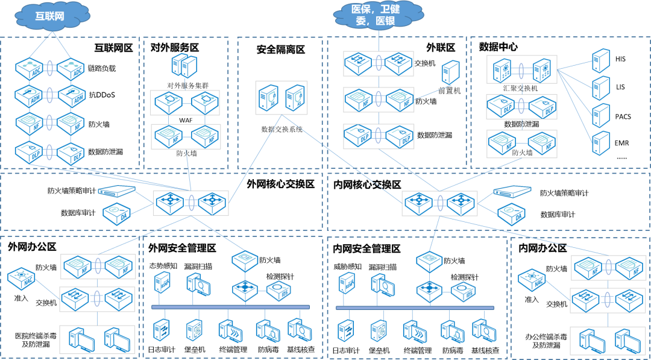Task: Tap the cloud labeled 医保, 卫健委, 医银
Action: (x=379, y=14)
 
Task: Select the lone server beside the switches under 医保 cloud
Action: (x=450, y=72)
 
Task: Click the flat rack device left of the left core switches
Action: (x=116, y=191)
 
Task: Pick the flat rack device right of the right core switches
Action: (x=512, y=192)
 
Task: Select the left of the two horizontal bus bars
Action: (x=230, y=307)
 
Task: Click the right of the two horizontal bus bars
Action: (x=415, y=308)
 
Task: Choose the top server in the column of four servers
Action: (x=600, y=60)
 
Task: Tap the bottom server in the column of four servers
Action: (x=600, y=143)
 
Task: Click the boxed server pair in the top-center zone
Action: (x=281, y=97)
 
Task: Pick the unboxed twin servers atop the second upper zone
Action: (x=184, y=65)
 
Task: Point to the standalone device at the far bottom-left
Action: (x=21, y=278)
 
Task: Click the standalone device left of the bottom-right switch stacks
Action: (x=531, y=279)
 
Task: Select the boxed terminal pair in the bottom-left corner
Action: (x=98, y=339)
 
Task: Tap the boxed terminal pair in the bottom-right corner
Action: (x=608, y=341)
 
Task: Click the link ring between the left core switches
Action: (x=191, y=203)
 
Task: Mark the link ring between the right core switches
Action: (x=440, y=203)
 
